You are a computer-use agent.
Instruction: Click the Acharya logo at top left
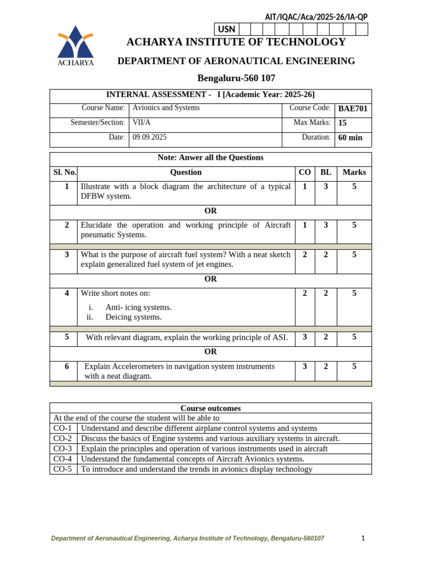76,45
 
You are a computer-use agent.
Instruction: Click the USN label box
226,29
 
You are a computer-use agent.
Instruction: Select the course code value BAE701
352,109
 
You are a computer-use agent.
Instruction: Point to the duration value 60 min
350,138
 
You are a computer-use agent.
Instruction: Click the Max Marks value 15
343,123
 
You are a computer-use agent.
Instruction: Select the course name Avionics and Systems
166,108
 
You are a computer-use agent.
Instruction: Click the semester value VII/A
141,122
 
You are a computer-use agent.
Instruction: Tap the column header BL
326,172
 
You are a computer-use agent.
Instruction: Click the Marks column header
354,172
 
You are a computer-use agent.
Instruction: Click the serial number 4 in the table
67,293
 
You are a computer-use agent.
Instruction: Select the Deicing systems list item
133,317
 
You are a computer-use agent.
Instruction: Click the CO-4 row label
62,459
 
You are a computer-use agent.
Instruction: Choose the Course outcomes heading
210,408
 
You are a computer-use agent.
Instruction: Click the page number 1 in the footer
363,538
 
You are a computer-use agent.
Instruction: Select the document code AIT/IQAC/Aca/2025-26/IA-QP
316,17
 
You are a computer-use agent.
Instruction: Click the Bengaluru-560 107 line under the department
236,78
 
